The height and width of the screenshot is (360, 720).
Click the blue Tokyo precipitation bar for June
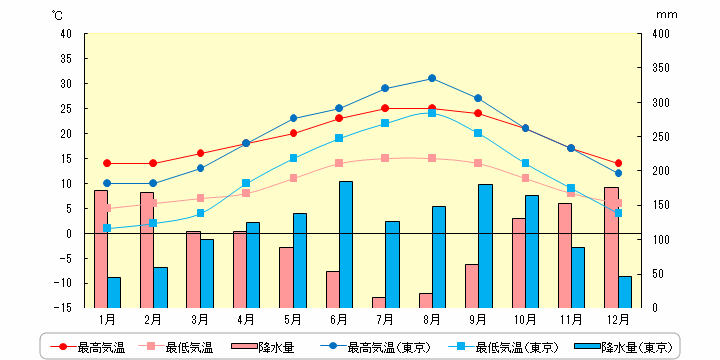click(345, 245)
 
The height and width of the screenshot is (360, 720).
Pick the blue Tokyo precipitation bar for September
click(485, 246)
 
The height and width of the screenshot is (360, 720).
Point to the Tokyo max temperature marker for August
click(432, 78)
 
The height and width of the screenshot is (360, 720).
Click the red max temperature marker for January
click(107, 163)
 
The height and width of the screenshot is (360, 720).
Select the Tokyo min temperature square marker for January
click(107, 228)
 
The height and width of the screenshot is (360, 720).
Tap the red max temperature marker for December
click(618, 163)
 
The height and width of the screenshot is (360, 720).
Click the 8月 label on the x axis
click(432, 320)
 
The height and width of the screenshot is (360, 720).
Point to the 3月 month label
click(200, 320)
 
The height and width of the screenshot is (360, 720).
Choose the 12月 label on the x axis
click(618, 320)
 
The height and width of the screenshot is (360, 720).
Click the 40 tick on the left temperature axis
click(66, 34)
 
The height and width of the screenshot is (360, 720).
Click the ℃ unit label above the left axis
click(57, 15)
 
